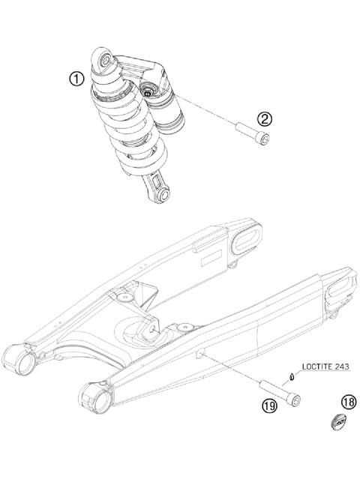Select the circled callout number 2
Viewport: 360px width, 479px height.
coord(264,118)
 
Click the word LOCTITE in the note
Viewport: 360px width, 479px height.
coord(316,367)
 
